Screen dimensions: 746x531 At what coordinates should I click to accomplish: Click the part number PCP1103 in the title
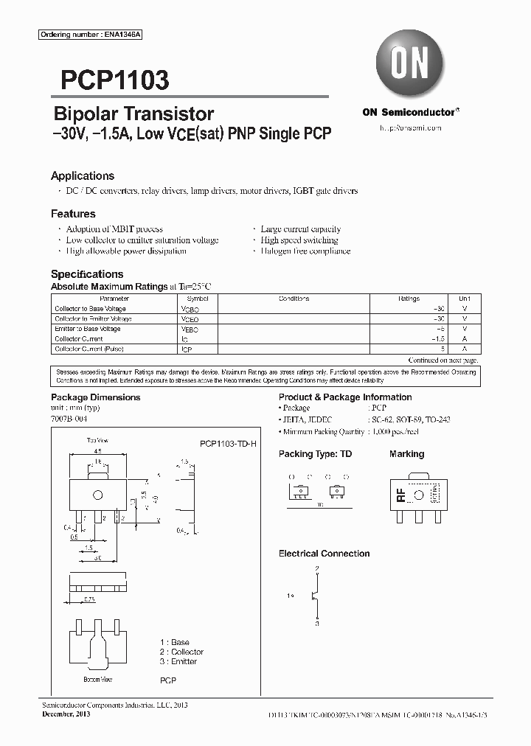110,80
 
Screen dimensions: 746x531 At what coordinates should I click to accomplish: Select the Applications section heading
83,176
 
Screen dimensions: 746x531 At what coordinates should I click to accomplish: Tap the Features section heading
73,214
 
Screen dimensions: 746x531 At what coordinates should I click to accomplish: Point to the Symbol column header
198,299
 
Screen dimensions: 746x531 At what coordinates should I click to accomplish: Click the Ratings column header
409,299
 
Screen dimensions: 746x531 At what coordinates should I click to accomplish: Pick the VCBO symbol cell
190,309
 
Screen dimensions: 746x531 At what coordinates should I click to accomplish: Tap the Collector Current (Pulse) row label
89,349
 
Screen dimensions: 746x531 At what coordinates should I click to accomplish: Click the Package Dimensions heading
95,397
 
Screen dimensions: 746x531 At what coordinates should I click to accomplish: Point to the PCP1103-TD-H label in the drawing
228,444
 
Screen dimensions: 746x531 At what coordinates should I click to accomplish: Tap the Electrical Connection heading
324,554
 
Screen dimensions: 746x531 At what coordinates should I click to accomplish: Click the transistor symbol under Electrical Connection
315,596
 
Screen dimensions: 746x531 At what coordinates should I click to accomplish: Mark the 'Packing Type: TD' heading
315,454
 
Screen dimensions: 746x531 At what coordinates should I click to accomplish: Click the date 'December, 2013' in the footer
63,714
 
